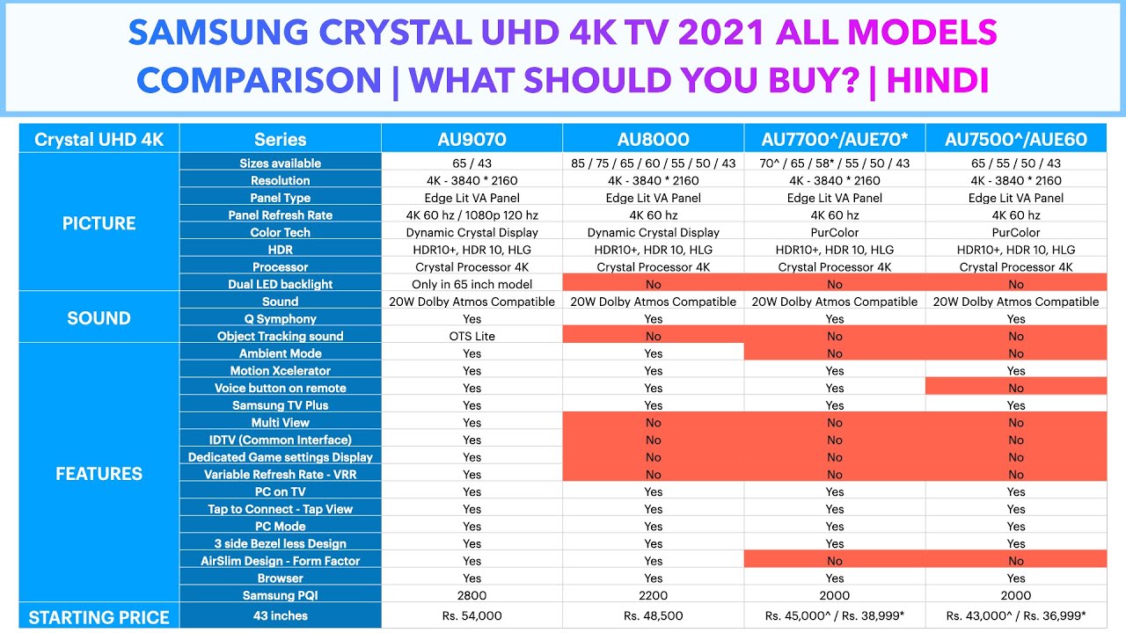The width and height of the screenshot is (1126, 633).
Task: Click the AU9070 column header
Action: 472,139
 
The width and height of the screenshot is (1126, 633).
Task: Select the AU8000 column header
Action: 653,139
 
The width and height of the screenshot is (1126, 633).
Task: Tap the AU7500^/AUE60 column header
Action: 1016,139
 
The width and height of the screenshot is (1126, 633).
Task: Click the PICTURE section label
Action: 99,223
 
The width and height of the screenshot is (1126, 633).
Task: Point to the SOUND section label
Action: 99,318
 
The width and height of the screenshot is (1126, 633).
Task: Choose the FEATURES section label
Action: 99,474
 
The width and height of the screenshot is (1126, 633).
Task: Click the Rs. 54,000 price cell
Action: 472,616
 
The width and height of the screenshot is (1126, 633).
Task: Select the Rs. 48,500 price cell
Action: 653,616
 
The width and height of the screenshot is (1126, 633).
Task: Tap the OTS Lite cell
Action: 472,336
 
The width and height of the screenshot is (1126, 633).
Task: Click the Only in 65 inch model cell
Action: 472,284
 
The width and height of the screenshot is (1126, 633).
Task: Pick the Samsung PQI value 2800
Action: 472,595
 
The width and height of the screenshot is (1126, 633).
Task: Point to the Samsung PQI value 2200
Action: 653,595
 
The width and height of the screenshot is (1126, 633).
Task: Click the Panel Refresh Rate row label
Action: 280,215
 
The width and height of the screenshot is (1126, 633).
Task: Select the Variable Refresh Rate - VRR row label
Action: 280,474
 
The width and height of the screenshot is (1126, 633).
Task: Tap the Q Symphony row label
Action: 280,319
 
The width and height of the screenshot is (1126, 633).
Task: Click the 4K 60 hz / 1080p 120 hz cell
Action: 472,215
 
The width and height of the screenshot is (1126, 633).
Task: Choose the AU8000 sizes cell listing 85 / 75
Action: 653,164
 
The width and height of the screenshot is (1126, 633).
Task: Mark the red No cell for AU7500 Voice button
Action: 1016,388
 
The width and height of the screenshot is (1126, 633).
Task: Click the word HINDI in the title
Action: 938,81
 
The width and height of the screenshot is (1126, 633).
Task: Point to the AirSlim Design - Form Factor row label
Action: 280,561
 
